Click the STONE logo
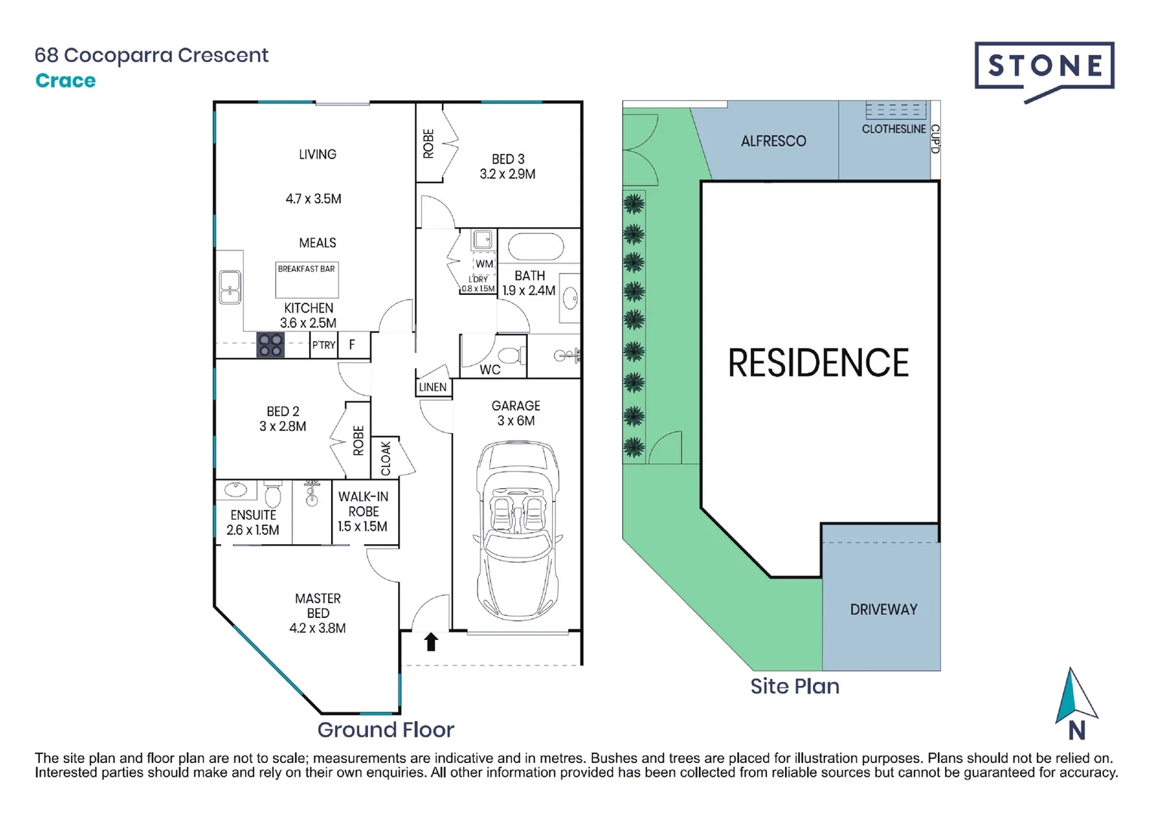[1044, 68]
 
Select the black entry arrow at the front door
[431, 641]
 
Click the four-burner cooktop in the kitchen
[270, 345]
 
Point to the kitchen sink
[230, 287]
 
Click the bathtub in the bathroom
[536, 247]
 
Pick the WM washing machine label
[484, 264]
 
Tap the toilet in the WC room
[511, 355]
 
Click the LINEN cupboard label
[433, 387]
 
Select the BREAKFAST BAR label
[306, 269]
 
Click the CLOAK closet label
[386, 458]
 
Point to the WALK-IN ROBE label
[363, 511]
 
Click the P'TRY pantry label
[324, 345]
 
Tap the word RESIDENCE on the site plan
[818, 363]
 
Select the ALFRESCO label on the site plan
[773, 141]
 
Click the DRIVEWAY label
[883, 609]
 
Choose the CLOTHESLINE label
[894, 129]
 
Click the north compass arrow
[1075, 696]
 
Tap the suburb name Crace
[66, 81]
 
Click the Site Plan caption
[795, 686]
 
